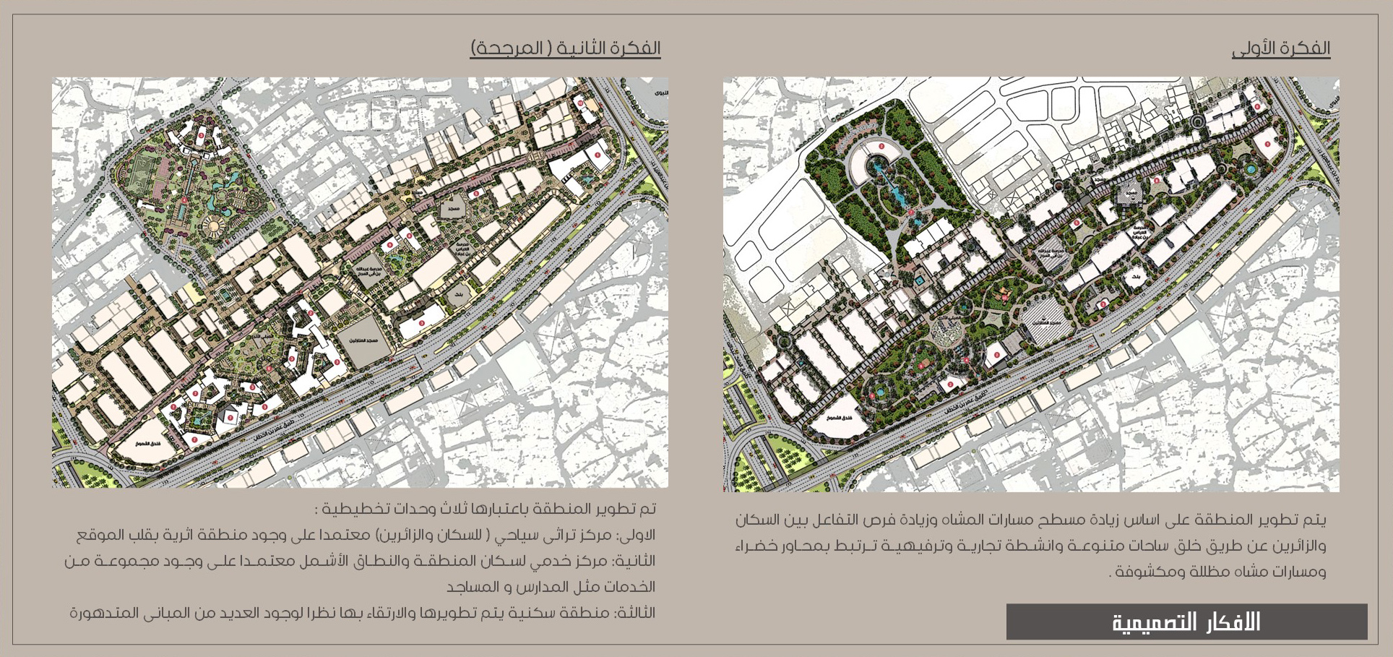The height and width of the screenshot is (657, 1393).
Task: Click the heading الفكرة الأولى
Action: (x=1280, y=48)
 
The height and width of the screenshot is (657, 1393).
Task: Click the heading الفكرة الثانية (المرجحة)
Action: (x=565, y=48)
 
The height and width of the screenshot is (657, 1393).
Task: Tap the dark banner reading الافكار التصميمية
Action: (x=1186, y=622)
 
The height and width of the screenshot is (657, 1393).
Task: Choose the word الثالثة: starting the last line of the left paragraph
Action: (x=635, y=613)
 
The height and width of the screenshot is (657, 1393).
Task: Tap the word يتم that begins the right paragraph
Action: (x=1316, y=520)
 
